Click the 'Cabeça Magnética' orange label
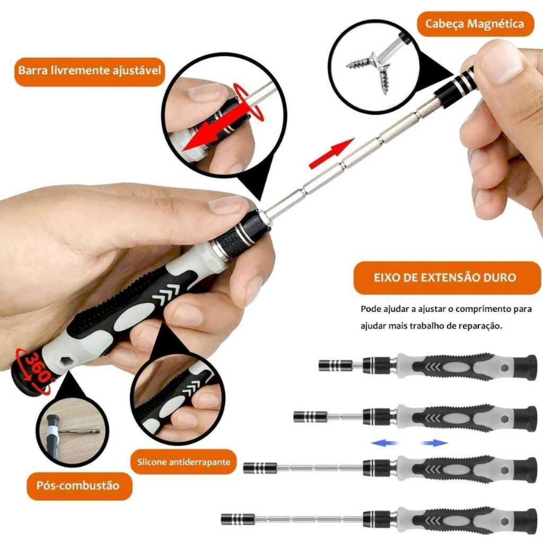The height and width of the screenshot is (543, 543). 475,24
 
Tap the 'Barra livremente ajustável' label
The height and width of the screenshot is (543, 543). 89,71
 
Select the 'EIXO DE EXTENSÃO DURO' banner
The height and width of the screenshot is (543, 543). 446,278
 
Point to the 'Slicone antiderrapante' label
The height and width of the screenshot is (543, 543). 183,462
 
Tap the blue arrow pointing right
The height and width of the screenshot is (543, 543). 434,443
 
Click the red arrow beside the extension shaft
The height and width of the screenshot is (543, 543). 331,153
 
